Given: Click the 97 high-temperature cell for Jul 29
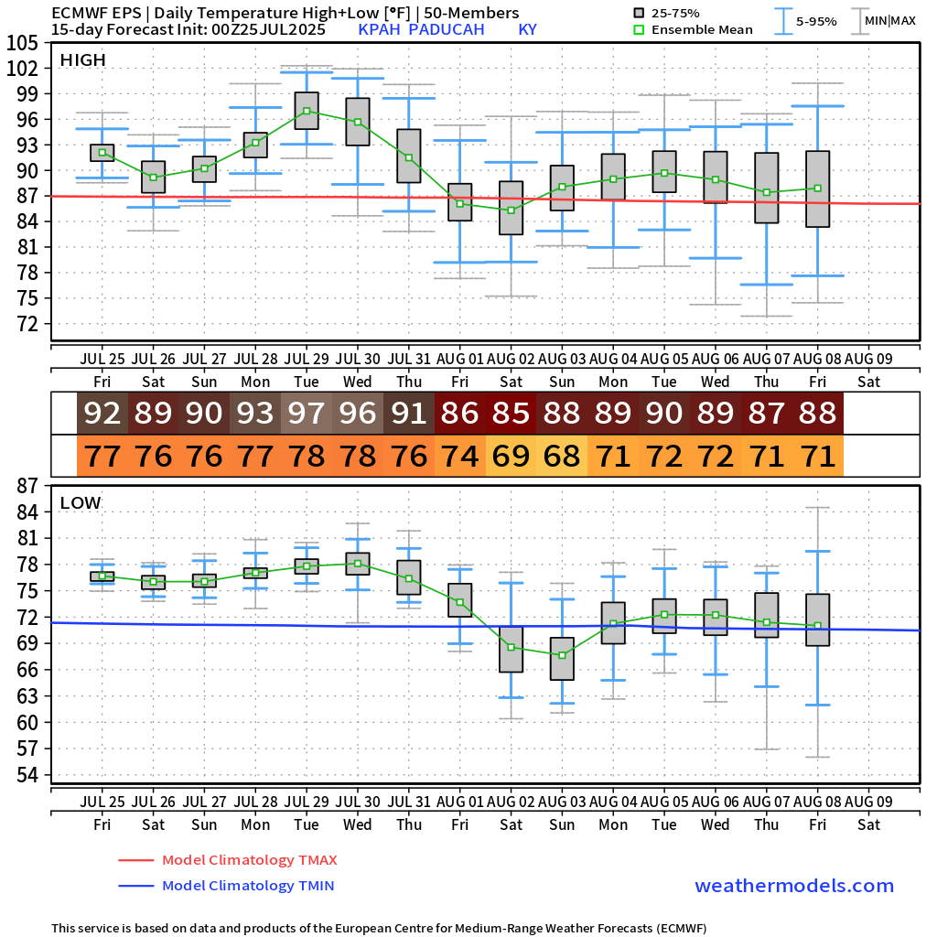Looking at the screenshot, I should point(307,414).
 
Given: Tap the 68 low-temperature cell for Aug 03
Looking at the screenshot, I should point(562,455).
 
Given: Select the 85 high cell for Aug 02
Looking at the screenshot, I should point(511,414).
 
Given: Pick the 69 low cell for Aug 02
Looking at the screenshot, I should point(511,455).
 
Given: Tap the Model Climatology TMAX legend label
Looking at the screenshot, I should point(249,860).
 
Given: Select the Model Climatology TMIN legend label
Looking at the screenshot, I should point(247,886).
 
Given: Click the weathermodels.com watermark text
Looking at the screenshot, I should point(794,886).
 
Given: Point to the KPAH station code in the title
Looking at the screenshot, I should point(380,29).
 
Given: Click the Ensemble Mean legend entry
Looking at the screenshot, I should point(702,29).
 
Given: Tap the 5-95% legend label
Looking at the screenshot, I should point(815,21).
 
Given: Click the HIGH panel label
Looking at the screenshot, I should point(82,60).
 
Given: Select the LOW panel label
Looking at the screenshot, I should point(81,502).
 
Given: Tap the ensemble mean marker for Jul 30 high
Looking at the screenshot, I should point(358,122).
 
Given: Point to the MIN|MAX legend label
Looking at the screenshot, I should point(889,21).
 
